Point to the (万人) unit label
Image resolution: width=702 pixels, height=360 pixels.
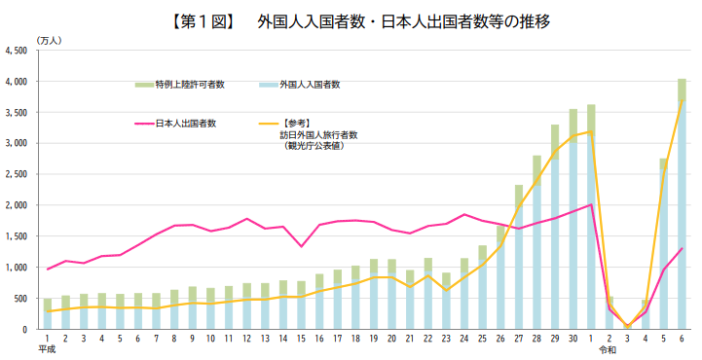(x=49, y=39)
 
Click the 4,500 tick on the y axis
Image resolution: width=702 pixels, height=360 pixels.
(x=17, y=51)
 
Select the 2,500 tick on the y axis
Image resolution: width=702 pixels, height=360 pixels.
(x=17, y=174)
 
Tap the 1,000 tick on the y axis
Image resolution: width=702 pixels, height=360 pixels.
(x=17, y=268)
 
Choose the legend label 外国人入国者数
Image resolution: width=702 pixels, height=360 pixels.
(x=309, y=86)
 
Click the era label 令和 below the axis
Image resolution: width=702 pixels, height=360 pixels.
(x=608, y=348)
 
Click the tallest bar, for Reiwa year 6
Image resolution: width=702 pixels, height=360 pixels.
(x=682, y=204)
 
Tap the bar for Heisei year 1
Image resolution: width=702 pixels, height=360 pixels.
(x=47, y=314)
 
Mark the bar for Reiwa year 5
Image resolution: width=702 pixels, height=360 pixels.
(x=663, y=243)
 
